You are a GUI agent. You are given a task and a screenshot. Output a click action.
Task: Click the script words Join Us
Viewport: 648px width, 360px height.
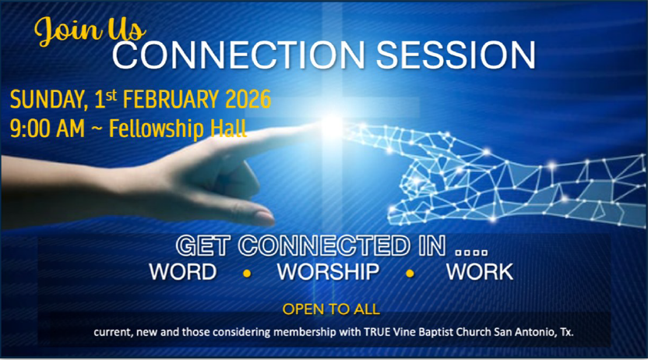tap(90, 30)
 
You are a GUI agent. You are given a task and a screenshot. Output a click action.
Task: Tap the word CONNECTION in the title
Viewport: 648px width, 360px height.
tap(238, 55)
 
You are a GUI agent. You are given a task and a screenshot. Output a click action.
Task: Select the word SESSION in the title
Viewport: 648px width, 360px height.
tap(456, 55)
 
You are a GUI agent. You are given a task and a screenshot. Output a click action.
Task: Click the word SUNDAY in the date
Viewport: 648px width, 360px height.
tap(49, 100)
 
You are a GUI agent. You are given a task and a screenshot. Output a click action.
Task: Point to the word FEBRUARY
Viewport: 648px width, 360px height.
tap(171, 99)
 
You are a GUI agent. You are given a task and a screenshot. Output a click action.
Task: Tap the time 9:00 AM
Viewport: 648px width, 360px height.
tap(47, 128)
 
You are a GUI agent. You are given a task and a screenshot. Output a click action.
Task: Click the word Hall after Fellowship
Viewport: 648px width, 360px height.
tap(228, 128)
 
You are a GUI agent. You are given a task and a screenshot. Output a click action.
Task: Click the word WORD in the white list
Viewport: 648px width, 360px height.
tap(183, 272)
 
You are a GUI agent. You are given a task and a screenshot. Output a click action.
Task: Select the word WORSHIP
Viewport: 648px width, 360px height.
tap(328, 272)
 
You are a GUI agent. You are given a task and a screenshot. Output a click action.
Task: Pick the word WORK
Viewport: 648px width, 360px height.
tap(480, 272)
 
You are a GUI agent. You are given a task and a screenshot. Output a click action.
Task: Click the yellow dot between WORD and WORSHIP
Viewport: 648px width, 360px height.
tap(247, 274)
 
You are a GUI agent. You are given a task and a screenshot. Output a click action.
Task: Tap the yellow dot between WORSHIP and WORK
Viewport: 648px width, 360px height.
tap(410, 274)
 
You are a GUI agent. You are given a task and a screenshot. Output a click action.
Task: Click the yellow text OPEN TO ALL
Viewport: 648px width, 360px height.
tap(331, 309)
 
